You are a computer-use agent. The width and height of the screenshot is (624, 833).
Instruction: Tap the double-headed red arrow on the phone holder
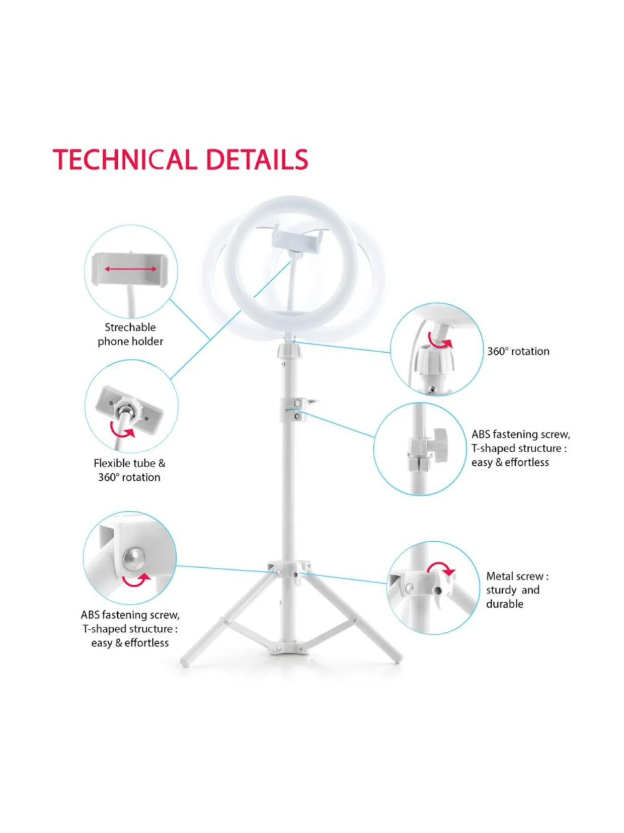pyautogui.click(x=130, y=269)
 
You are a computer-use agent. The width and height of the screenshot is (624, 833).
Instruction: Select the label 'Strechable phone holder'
pyautogui.click(x=130, y=335)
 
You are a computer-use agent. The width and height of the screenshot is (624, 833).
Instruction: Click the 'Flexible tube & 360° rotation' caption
pyautogui.click(x=129, y=470)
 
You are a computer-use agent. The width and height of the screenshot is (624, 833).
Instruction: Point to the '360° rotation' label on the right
pyautogui.click(x=518, y=352)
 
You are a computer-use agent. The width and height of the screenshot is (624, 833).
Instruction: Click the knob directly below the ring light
pyautogui.click(x=288, y=351)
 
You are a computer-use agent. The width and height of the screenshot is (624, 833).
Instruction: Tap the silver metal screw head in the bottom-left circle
pyautogui.click(x=133, y=559)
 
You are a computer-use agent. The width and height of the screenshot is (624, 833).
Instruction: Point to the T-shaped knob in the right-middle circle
pyautogui.click(x=439, y=445)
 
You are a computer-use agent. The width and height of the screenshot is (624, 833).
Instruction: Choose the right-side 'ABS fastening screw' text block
pyautogui.click(x=521, y=448)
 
